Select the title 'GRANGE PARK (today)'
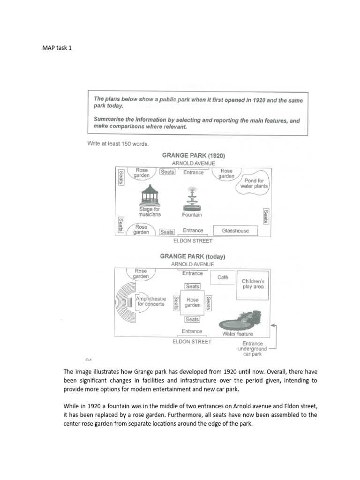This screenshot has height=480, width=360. [193, 256]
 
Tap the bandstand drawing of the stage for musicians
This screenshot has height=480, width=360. [150, 195]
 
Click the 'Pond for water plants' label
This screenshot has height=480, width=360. [254, 183]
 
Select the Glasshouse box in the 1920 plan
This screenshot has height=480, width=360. [235, 231]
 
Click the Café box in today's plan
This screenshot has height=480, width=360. [223, 277]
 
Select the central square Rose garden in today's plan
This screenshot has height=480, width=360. [192, 303]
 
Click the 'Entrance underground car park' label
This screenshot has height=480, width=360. [253, 349]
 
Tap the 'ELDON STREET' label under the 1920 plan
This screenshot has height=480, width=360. [193, 241]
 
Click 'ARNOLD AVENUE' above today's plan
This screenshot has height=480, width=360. [193, 264]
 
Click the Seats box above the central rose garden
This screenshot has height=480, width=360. [192, 286]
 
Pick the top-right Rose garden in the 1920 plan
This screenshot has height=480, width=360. [226, 174]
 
